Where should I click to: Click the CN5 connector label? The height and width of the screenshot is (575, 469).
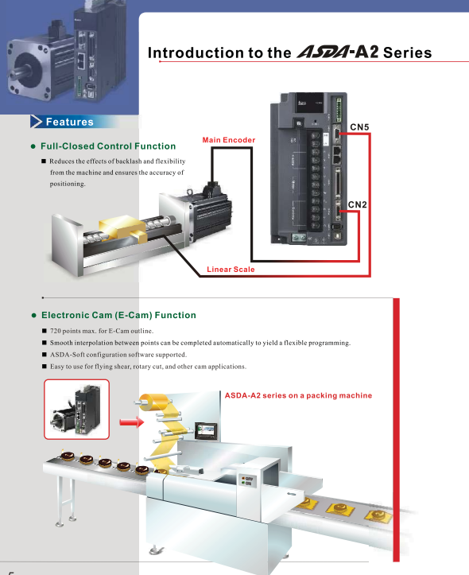(x=359, y=127)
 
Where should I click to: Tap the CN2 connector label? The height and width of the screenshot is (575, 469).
(x=357, y=204)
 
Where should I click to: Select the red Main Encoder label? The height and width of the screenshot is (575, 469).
(x=229, y=140)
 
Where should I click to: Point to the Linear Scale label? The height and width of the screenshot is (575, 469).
(x=231, y=269)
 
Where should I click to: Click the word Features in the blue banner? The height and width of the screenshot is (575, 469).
(x=70, y=122)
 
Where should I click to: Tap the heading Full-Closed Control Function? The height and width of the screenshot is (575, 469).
(x=108, y=146)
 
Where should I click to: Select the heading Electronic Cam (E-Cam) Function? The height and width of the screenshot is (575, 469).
(x=118, y=315)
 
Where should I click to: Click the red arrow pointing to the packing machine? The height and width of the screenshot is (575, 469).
(x=131, y=422)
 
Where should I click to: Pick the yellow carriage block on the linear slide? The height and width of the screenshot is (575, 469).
(x=122, y=228)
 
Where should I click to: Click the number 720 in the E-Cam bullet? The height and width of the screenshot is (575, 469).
(x=56, y=331)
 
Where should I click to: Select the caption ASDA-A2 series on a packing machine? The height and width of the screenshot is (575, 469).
(x=298, y=395)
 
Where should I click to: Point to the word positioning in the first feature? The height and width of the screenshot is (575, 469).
(x=68, y=184)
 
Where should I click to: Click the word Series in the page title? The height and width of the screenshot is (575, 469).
(x=408, y=52)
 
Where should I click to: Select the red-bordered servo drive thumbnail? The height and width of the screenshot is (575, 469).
(x=76, y=410)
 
